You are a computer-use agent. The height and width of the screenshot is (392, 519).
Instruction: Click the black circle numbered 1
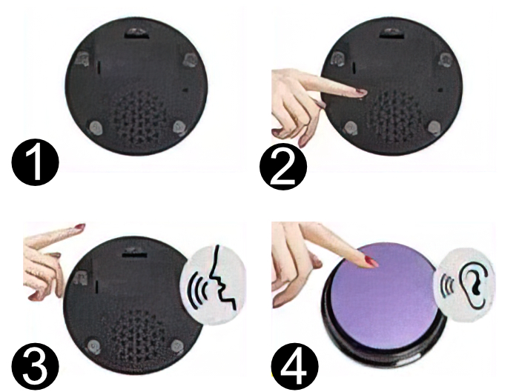(x=36, y=162)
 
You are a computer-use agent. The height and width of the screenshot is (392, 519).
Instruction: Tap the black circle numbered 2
(x=283, y=166)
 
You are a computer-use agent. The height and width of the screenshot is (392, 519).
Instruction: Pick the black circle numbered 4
(x=295, y=365)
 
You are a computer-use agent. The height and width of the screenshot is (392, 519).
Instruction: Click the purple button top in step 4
(x=384, y=294)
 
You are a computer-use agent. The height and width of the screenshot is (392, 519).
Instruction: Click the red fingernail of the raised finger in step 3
(x=80, y=227)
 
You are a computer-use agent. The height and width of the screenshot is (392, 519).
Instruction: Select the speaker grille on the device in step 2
(x=394, y=119)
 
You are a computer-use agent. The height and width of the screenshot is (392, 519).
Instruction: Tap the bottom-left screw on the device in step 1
(x=96, y=127)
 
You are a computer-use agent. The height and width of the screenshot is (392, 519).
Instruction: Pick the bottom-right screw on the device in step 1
(x=181, y=127)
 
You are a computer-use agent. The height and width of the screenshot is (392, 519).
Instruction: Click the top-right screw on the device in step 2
(x=446, y=59)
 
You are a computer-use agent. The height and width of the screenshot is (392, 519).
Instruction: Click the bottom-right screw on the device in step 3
(x=177, y=346)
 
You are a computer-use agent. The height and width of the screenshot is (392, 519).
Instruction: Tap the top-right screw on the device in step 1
(x=191, y=59)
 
